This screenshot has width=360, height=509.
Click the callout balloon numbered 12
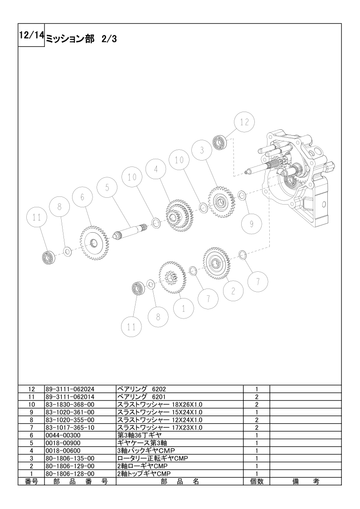pos(244,122)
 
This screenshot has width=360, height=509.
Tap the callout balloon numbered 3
pos(202,150)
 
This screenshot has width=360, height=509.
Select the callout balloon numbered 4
pos(156,169)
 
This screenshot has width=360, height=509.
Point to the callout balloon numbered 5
pos(107,188)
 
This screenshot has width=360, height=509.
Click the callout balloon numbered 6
pos(83,197)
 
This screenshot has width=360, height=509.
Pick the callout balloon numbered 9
pos(252,224)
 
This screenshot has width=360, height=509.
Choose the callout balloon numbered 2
pos(233,291)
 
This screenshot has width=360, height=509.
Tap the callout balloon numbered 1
pos(184,308)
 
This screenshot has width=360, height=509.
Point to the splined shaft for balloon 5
pos(131,231)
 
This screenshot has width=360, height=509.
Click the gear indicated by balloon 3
pos(221,201)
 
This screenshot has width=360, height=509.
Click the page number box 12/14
pos(31,35)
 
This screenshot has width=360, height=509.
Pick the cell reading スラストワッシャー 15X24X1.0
pos(160,412)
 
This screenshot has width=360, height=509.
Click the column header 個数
pos(257,481)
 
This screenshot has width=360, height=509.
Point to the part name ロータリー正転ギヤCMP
pos(152,458)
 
